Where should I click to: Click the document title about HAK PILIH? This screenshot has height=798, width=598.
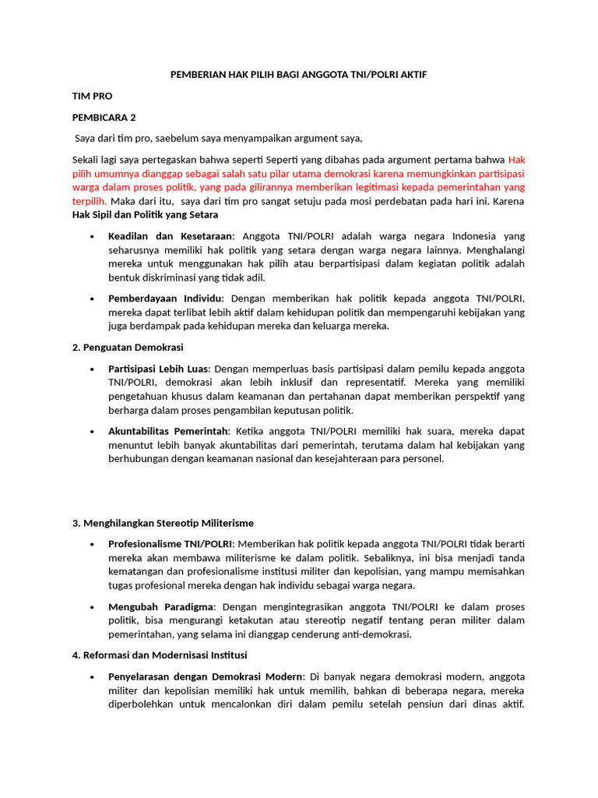(299, 74)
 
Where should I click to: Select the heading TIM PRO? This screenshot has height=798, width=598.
(92, 96)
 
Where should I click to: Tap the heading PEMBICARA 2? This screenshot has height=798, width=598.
(104, 118)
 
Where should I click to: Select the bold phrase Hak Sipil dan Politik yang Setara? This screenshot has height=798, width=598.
(145, 214)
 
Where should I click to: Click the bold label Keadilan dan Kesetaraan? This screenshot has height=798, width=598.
(170, 235)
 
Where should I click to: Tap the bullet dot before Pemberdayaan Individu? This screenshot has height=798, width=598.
(92, 298)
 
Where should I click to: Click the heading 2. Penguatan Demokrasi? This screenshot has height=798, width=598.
(127, 347)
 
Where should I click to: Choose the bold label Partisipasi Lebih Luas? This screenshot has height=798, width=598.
(159, 369)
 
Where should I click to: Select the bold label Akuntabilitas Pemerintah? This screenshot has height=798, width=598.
(169, 431)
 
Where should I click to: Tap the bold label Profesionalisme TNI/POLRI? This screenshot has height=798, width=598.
(171, 543)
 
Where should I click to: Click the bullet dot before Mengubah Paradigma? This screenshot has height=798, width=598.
(92, 606)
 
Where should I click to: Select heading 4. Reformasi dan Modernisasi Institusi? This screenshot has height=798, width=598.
(159, 655)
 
